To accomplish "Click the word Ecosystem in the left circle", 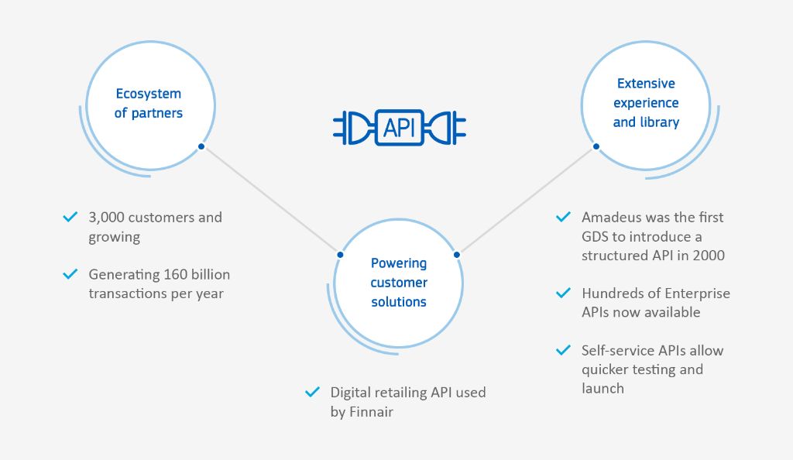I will coord(148,94).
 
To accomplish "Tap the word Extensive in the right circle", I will coord(646,84).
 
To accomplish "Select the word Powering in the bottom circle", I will coord(399,263).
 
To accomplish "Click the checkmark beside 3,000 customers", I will coord(70,217).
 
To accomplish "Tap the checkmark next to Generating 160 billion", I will coord(70,274).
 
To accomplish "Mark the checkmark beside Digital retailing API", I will coord(312,392).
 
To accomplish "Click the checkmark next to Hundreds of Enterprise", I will coord(564,293).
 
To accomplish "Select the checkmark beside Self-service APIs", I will coord(564,350).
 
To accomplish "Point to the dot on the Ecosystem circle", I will coord(201,146).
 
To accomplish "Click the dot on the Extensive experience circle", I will coord(596,146).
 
